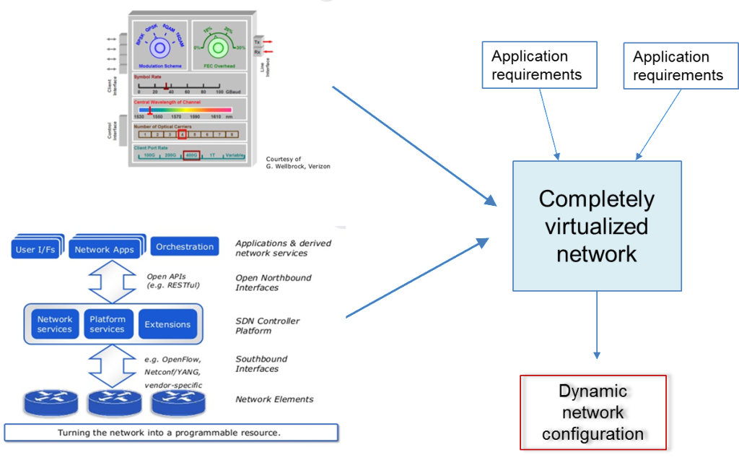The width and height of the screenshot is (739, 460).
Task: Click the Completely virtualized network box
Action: pyautogui.click(x=597, y=225)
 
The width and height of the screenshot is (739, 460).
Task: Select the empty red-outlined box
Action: pyautogui.click(x=592, y=412)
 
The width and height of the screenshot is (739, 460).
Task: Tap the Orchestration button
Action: pyautogui.click(x=185, y=246)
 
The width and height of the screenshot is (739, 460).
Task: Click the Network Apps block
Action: pyautogui.click(x=105, y=249)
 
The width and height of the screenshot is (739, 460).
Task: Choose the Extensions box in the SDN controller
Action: pyautogui.click(x=167, y=324)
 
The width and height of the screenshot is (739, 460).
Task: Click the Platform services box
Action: pyautogui.click(x=108, y=324)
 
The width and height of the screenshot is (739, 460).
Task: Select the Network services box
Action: pyautogui.click(x=55, y=324)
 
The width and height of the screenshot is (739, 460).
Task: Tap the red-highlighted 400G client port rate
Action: pyautogui.click(x=191, y=155)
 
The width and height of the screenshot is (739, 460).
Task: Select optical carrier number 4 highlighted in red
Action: pyautogui.click(x=182, y=134)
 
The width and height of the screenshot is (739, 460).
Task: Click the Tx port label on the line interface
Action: pyautogui.click(x=256, y=43)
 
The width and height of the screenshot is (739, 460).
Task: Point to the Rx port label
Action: pyautogui.click(x=256, y=52)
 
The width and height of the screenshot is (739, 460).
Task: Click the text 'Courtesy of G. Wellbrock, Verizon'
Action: pyautogui.click(x=297, y=162)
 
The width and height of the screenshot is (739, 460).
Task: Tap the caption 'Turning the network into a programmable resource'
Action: pyautogui.click(x=170, y=433)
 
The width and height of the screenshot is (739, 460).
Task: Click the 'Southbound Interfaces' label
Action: pyautogui.click(x=261, y=364)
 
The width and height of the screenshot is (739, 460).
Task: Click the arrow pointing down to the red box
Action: pyautogui.click(x=597, y=325)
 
